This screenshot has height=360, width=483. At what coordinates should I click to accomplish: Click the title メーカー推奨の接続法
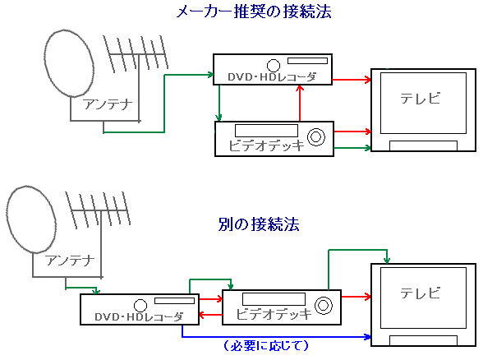(x=254, y=12)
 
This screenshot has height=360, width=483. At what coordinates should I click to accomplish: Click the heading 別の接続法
(x=259, y=224)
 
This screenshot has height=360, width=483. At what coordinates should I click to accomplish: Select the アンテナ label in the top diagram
(x=107, y=104)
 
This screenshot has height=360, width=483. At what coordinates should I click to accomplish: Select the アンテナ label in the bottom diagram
(x=70, y=261)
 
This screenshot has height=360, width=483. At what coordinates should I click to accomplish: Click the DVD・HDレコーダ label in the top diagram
(x=272, y=76)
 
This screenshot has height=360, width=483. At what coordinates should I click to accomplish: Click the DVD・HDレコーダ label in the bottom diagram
(x=139, y=316)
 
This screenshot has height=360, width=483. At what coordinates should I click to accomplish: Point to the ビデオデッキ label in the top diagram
(x=266, y=145)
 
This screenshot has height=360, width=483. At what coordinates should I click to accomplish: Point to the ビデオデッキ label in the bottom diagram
(x=274, y=314)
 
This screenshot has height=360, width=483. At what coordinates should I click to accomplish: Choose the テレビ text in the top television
(x=421, y=99)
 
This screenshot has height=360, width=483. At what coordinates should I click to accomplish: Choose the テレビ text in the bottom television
(x=421, y=293)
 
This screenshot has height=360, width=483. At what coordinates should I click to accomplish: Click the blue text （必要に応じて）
(x=265, y=345)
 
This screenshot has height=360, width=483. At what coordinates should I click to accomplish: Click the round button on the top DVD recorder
(x=274, y=66)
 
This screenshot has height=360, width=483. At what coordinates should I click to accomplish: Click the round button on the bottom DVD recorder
(x=140, y=306)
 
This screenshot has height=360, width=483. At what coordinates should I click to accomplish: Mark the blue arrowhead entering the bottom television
(x=367, y=337)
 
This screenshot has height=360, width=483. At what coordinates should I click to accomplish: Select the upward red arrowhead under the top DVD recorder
(x=300, y=88)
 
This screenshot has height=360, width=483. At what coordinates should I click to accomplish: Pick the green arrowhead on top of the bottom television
(x=387, y=261)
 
